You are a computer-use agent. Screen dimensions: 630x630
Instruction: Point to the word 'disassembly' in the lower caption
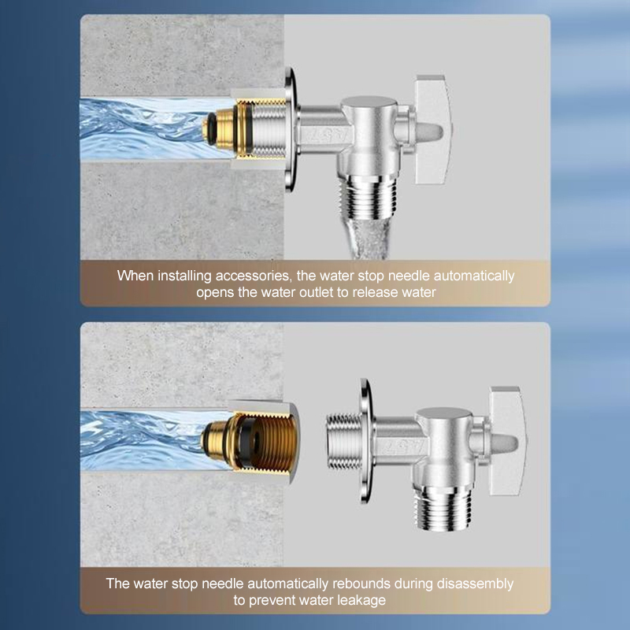click(x=475, y=584)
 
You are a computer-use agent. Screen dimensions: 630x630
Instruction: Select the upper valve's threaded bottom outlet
click(x=369, y=198)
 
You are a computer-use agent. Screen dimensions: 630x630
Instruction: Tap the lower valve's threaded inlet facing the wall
click(x=343, y=441)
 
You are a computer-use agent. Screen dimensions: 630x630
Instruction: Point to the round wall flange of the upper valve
click(x=291, y=129)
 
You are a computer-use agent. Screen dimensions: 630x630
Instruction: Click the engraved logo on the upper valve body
click(x=328, y=135)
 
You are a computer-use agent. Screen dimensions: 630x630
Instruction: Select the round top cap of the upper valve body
click(x=369, y=104)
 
